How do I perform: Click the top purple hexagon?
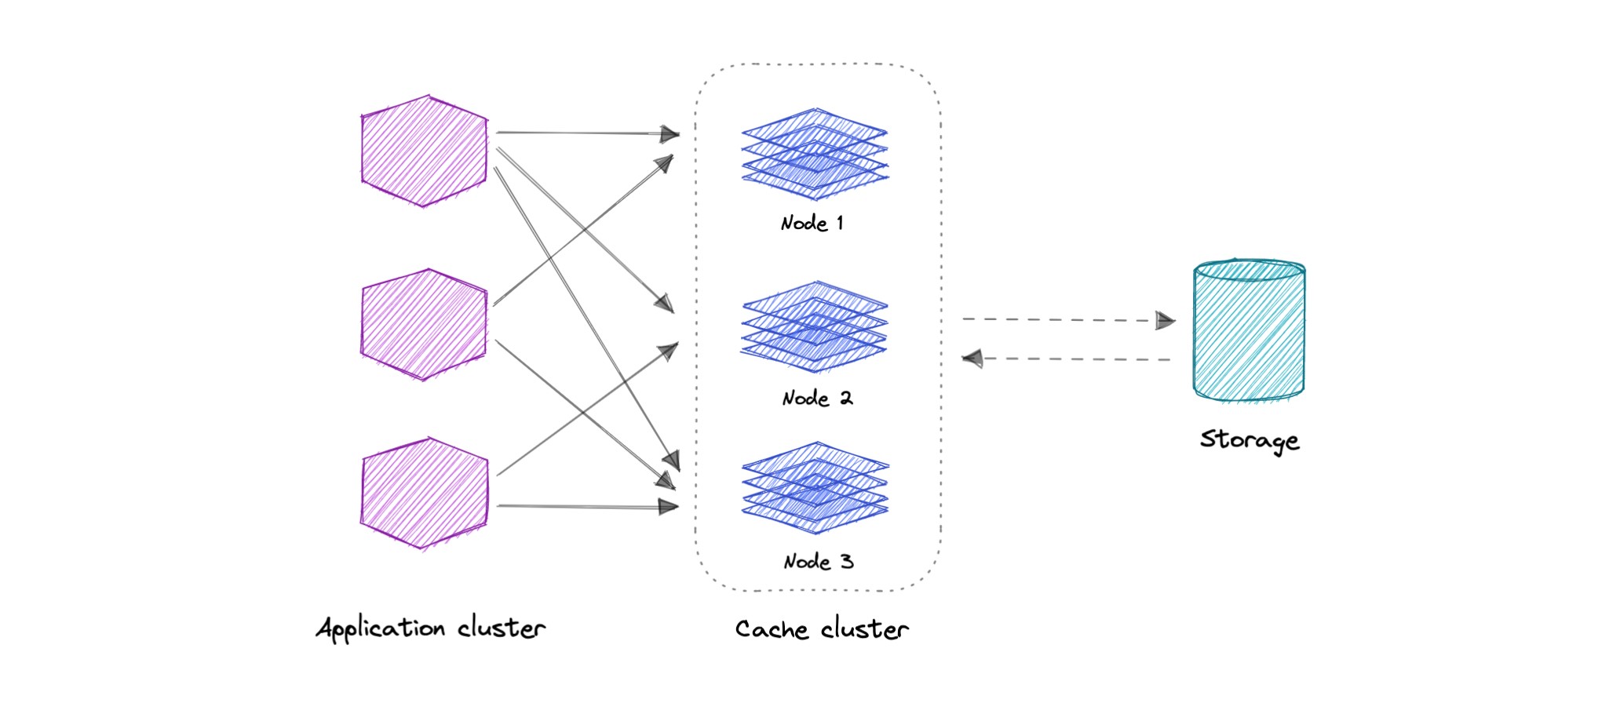(x=424, y=151)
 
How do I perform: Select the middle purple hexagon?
(x=424, y=325)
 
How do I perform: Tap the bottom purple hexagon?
(x=424, y=494)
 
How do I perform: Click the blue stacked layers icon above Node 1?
(x=815, y=153)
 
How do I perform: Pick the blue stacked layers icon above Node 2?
(x=815, y=326)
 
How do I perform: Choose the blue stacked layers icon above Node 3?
(x=815, y=488)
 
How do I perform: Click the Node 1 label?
(x=812, y=224)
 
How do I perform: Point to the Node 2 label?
(x=816, y=399)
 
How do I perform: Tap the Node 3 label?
(x=818, y=562)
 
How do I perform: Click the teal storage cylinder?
(x=1249, y=333)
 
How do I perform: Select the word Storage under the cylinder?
(x=1249, y=439)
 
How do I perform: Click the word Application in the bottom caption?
(x=381, y=628)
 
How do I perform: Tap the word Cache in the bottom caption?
(x=771, y=629)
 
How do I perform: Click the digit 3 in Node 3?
(x=846, y=562)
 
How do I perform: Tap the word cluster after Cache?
(x=864, y=629)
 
